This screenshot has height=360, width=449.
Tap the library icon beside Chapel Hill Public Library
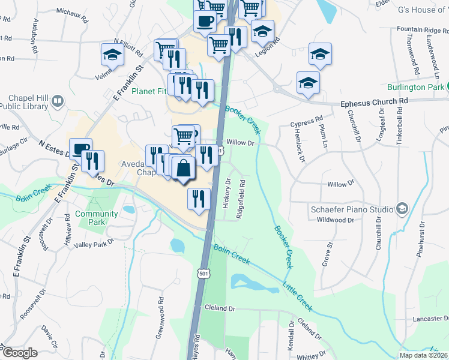tap(58, 101)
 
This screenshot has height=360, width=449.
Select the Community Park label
tap(96, 218)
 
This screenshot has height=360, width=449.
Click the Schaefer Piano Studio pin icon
tap(402, 209)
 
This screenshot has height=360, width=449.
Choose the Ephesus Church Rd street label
tap(374, 102)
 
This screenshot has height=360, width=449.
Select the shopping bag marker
tap(184, 169)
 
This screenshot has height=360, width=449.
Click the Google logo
tap(19, 353)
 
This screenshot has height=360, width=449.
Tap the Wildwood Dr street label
tap(336, 220)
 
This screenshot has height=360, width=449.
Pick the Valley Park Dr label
tap(94, 244)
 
